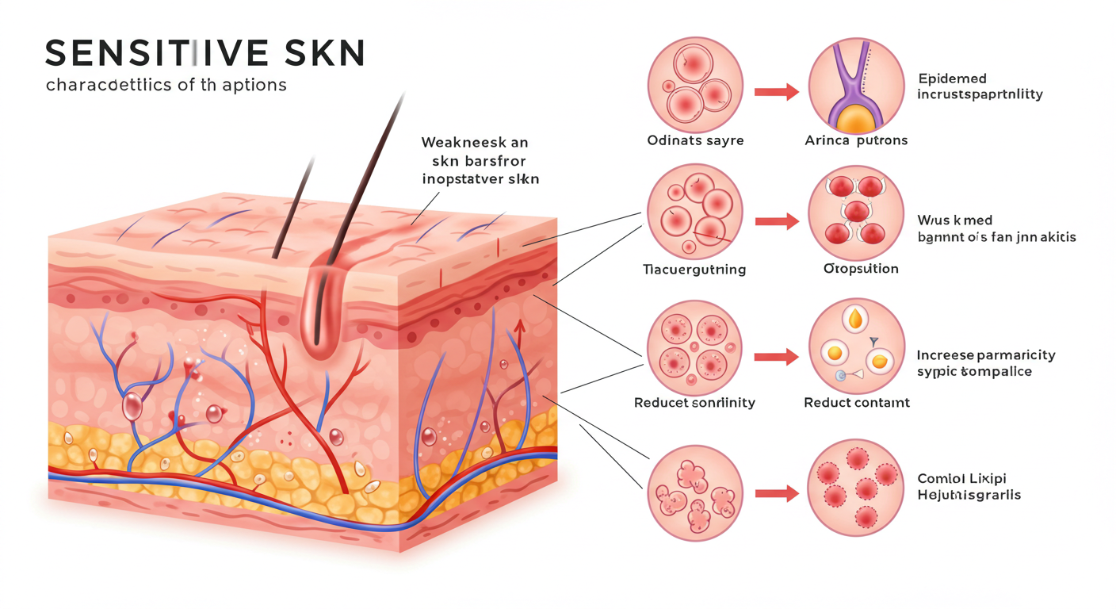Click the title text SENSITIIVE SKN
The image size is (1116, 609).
click(x=204, y=52)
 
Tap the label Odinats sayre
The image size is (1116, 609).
click(x=695, y=140)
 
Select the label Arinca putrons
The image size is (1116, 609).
click(x=855, y=140)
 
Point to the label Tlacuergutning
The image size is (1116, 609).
click(x=694, y=270)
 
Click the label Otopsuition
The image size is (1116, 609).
click(x=861, y=269)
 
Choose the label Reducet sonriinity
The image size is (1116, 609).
click(x=694, y=403)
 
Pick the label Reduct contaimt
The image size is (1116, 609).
click(x=856, y=403)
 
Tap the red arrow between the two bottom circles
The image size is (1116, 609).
click(x=776, y=494)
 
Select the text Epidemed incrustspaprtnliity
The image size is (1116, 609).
click(x=980, y=86)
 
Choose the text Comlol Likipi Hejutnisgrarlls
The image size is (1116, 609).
click(x=969, y=487)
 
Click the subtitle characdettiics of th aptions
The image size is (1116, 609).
click(x=166, y=84)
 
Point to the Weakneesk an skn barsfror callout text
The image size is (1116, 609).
click(x=480, y=161)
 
